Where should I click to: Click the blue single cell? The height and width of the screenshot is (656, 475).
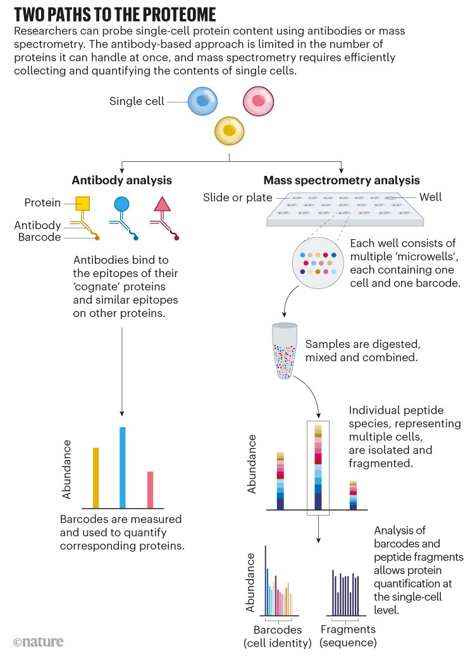point(203,101)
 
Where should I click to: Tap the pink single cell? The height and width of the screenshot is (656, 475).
point(259,101)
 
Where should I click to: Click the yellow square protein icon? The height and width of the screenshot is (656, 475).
point(83,204)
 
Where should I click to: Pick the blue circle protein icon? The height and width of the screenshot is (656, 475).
point(121,204)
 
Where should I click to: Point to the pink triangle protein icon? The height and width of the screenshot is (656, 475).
point(162,204)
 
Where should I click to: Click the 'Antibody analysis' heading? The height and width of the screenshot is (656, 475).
point(122,180)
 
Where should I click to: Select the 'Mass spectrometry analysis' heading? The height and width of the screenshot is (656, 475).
point(342,180)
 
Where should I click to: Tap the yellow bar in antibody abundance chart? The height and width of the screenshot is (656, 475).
point(96,478)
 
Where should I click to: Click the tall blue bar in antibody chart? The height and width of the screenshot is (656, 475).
point(123,467)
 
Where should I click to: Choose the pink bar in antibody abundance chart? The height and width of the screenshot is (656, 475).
point(151,490)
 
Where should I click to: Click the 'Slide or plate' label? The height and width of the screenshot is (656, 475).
point(237,197)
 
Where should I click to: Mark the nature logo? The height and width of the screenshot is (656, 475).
point(39,641)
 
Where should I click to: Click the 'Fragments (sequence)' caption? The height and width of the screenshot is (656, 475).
point(348,636)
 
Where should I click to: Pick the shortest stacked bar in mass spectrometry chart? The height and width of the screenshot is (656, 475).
point(354,495)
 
